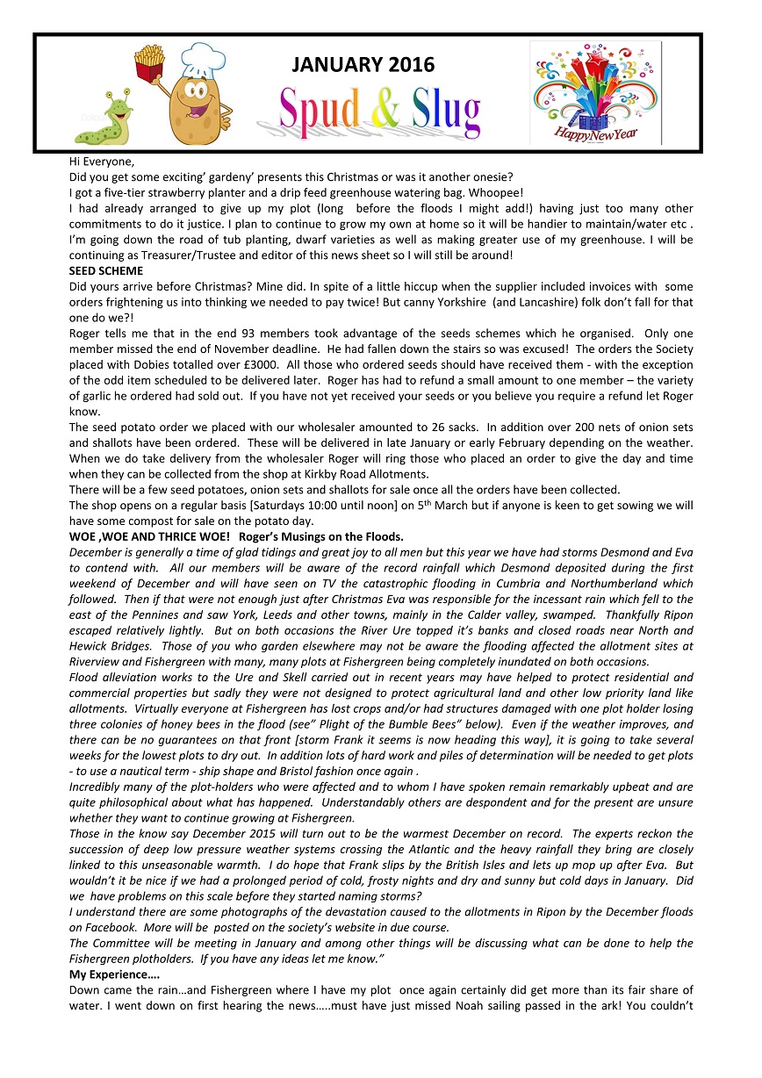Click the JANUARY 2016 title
[x=363, y=65]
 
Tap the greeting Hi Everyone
[x=103, y=162]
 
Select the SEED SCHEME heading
[x=105, y=271]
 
